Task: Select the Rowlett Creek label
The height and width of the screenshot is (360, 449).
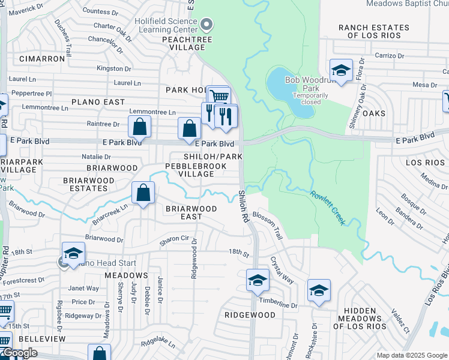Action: click(x=328, y=208)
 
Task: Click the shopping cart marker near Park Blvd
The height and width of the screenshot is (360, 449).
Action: click(x=219, y=97)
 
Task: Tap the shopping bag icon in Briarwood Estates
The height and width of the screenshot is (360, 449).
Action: click(x=143, y=193)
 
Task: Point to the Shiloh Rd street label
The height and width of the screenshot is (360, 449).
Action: click(x=243, y=206)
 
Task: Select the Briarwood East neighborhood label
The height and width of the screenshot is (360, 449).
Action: click(x=191, y=212)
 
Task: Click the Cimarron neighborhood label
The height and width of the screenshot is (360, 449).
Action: click(x=42, y=59)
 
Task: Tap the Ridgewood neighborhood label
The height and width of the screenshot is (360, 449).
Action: click(x=250, y=315)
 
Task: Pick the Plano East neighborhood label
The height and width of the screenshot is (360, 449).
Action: click(x=98, y=102)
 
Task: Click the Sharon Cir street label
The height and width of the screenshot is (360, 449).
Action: click(x=173, y=239)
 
